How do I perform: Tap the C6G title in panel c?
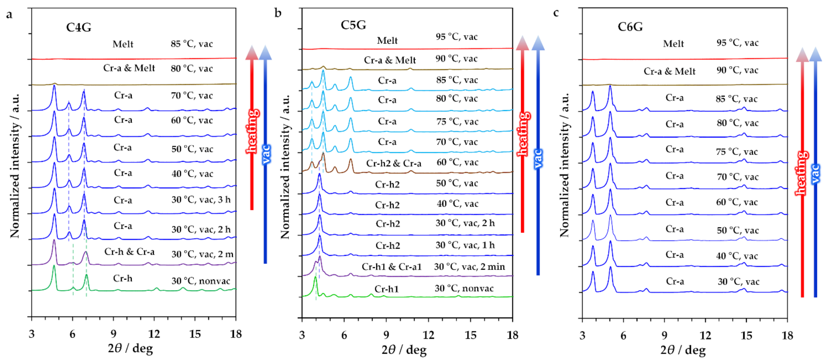point(630,27)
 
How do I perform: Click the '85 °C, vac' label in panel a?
point(192,44)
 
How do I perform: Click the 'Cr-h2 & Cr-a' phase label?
point(394,163)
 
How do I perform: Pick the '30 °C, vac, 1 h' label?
point(465,245)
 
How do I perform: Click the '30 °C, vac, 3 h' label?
point(201,200)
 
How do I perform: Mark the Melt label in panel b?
point(387,41)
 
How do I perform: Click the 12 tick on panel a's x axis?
point(154,334)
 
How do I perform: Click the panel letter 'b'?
point(278,13)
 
